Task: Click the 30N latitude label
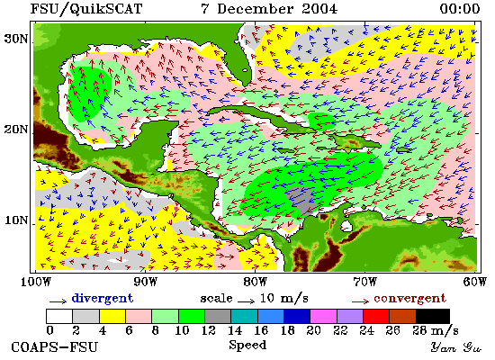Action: pyautogui.click(x=15, y=39)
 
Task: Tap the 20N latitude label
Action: pyautogui.click(x=15, y=130)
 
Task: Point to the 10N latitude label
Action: pyautogui.click(x=16, y=220)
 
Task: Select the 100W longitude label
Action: pyautogui.click(x=36, y=282)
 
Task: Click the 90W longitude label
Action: pyautogui.click(x=145, y=282)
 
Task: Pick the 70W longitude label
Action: pyautogui.click(x=364, y=282)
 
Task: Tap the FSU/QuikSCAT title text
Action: pyautogui.click(x=86, y=9)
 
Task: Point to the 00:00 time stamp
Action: pyautogui.click(x=460, y=8)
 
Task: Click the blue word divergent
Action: pyautogui.click(x=103, y=298)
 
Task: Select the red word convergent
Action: pyautogui.click(x=409, y=298)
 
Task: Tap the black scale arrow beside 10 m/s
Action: pyautogui.click(x=247, y=301)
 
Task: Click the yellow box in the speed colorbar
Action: pyautogui.click(x=112, y=316)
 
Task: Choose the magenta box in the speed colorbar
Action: pyautogui.click(x=323, y=316)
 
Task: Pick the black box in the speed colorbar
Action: pyautogui.click(x=433, y=316)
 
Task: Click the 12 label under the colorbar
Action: pyautogui.click(x=209, y=330)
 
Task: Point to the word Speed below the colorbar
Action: pyautogui.click(x=247, y=345)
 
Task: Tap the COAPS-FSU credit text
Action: pyautogui.click(x=54, y=347)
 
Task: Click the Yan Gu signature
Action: pyautogui.click(x=456, y=347)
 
